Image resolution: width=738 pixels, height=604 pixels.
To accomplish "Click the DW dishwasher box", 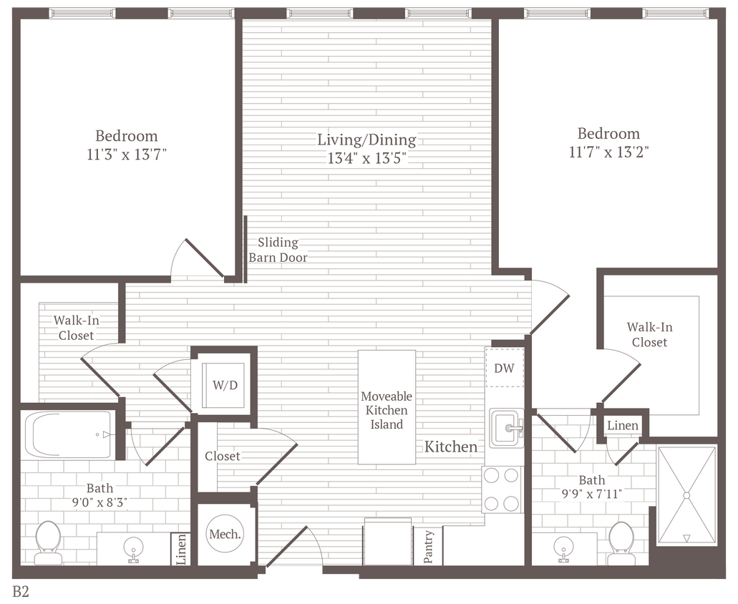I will (505, 367).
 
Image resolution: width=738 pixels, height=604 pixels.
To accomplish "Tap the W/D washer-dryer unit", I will (225, 385).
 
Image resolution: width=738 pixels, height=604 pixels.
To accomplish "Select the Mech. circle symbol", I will (225, 534).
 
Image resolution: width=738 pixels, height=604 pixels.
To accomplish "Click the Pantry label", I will (429, 546).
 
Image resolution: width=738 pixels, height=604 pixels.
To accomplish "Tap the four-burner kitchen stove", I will (502, 489).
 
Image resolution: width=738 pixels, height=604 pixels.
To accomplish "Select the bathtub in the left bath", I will (69, 434).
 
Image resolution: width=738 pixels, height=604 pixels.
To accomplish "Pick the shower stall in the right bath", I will (686, 495).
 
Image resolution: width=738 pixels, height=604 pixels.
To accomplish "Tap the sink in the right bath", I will (565, 548).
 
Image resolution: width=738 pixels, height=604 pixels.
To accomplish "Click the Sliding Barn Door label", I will (278, 250).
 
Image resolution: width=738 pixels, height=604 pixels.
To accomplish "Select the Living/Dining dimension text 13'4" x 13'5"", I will (366, 159).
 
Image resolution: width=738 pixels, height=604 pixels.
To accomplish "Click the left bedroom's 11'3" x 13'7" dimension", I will (127, 154).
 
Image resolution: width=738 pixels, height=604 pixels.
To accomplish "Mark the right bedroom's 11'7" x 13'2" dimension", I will (609, 152).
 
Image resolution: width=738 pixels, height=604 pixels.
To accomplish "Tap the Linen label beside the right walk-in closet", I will (622, 425).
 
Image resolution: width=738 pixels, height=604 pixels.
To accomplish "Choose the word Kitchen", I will (451, 447).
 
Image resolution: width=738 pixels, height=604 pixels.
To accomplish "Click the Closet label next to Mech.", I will (223, 456).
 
